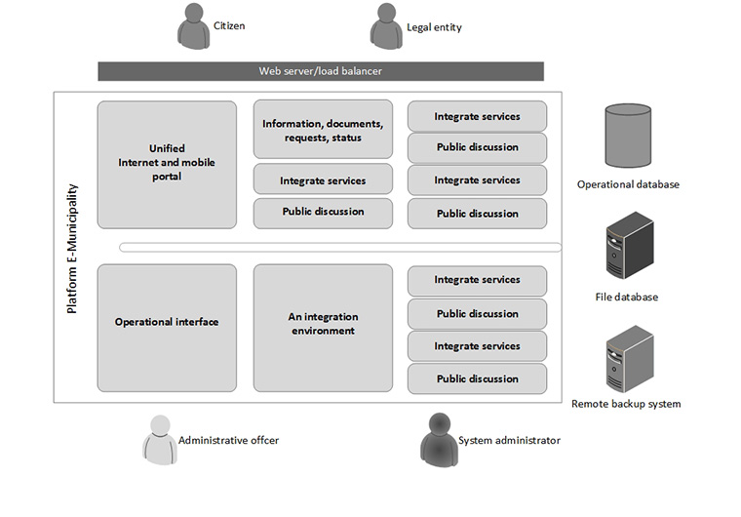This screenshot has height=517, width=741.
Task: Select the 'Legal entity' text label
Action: click(x=436, y=27)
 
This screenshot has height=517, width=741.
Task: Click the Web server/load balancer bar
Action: click(x=321, y=71)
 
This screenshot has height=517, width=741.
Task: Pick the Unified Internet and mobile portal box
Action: click(x=167, y=164)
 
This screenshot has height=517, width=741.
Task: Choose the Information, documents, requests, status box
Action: click(x=323, y=130)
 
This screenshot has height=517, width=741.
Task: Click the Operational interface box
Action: click(x=167, y=322)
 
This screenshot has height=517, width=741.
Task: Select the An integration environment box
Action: click(x=323, y=324)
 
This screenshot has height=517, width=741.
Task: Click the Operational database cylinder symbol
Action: click(x=628, y=136)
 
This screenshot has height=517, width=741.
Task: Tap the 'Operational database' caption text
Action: click(x=628, y=184)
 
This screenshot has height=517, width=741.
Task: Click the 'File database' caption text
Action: click(x=627, y=298)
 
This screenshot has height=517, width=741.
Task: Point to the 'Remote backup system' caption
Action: click(x=626, y=404)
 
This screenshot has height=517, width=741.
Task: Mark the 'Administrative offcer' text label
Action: click(x=228, y=441)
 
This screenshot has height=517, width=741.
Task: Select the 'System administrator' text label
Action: click(x=509, y=441)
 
